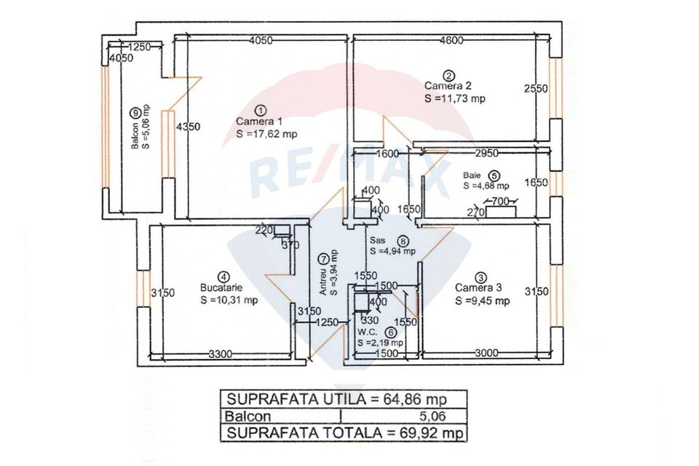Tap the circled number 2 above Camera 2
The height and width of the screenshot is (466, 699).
449,75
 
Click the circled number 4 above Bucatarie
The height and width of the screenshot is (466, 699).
224,277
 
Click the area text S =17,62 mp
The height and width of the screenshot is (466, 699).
266,133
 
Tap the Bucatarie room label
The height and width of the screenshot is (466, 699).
224,288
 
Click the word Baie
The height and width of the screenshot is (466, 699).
472,175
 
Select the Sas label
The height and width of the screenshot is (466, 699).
377,240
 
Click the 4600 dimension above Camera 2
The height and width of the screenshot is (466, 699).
451,41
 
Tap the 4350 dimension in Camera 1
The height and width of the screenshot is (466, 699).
189,126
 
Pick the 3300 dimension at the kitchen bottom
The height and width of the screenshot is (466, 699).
218,354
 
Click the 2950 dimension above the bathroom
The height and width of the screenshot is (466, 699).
486,154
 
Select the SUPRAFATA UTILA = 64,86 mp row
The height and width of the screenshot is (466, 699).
344,399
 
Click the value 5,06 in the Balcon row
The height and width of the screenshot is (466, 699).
430,416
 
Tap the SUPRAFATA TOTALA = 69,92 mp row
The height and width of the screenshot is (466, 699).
344,433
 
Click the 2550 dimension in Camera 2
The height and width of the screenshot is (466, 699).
537,89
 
